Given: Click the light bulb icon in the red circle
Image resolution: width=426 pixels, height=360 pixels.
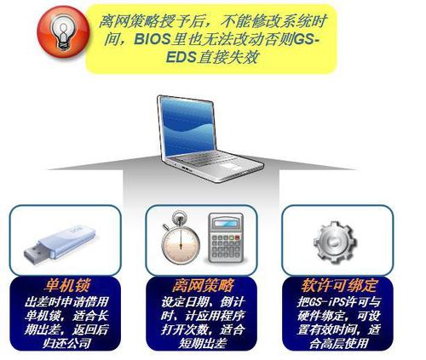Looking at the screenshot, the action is pyautogui.click(x=63, y=32).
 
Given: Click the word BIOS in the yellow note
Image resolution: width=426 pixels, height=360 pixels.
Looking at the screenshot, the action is pyautogui.click(x=152, y=39).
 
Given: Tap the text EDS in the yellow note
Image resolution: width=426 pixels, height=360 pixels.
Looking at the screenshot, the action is pyautogui.click(x=181, y=57).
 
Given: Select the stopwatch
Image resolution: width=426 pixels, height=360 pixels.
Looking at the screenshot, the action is pyautogui.click(x=181, y=237).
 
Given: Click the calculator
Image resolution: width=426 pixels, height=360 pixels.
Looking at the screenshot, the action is pyautogui.click(x=226, y=237).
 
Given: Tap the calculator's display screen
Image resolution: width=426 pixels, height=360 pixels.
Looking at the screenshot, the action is pyautogui.click(x=226, y=224).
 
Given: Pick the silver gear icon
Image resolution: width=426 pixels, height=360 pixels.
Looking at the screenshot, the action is pyautogui.click(x=335, y=243).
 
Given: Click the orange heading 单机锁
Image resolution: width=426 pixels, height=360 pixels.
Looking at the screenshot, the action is pyautogui.click(x=67, y=285).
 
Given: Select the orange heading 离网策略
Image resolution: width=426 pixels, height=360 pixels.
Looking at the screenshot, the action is pyautogui.click(x=203, y=285).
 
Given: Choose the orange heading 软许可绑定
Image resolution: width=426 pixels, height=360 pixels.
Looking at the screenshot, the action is pyautogui.click(x=339, y=285).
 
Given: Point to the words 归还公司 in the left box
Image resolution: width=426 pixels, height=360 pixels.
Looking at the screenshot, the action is pyautogui.click(x=67, y=344).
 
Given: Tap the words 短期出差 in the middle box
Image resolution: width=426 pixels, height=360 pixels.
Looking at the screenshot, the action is pyautogui.click(x=203, y=344).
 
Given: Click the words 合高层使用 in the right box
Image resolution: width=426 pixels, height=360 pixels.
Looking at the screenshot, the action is pyautogui.click(x=338, y=344).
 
